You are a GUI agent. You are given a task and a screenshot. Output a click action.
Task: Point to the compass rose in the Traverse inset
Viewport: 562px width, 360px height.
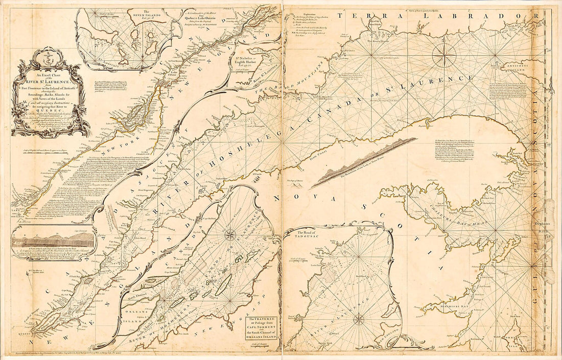pyautogui.click(x=231, y=235)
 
